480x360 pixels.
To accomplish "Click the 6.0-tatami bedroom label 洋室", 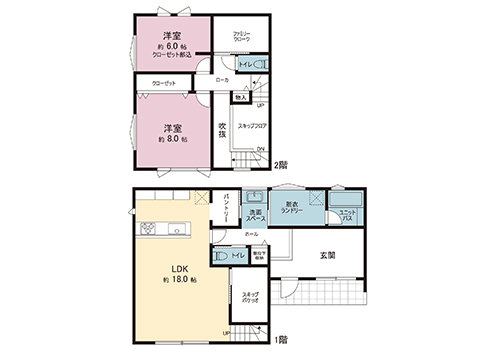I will point(173,36).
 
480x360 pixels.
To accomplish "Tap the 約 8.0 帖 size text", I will point(173,140).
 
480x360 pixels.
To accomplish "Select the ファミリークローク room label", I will point(241,36).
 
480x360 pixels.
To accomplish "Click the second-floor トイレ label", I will point(244,66).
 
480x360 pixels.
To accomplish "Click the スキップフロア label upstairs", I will point(252,126).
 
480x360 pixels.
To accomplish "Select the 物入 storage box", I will point(241,97).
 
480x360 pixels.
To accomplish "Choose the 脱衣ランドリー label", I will point(294,204).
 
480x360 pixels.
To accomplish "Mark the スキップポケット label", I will point(252,297).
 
